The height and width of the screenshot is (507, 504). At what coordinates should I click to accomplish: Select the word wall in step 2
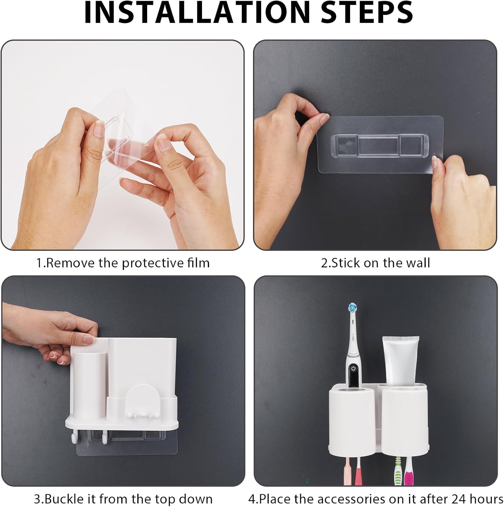click(418, 263)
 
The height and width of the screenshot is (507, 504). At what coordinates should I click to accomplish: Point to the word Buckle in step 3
click(70, 499)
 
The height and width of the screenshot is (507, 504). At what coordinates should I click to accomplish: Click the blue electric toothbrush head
click(353, 308)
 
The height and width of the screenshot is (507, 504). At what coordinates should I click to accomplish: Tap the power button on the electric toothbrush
click(353, 368)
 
